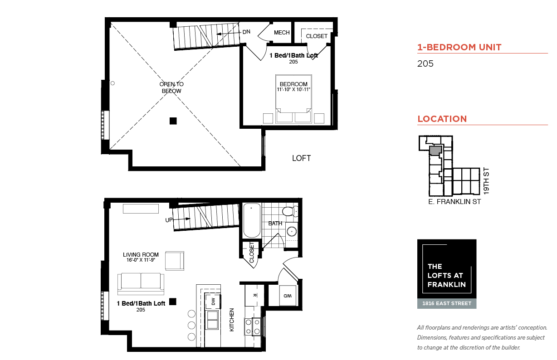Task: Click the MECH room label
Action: [282, 33]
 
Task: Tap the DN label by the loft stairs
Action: [246, 32]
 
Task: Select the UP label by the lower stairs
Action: [169, 220]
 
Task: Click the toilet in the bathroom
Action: [290, 211]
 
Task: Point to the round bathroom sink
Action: [292, 232]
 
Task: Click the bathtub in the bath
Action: [252, 220]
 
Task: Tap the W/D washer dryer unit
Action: [288, 296]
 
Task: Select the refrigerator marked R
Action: [254, 295]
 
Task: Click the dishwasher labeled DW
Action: [213, 301]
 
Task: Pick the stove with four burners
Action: [253, 327]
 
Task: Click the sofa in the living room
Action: [141, 284]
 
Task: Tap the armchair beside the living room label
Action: [175, 261]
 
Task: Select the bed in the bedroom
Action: [293, 99]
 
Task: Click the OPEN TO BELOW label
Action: [171, 88]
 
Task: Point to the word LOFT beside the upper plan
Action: [301, 158]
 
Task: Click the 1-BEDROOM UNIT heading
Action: [459, 47]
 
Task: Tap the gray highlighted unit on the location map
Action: [435, 151]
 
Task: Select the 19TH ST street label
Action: [486, 181]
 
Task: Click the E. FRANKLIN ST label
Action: [454, 202]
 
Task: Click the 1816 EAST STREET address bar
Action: [447, 303]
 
